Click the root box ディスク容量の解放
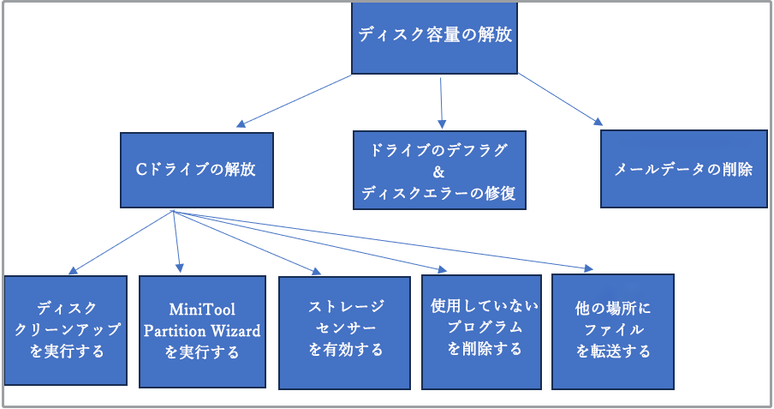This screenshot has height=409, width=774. click(x=435, y=37)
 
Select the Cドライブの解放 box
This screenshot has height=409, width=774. click(x=196, y=170)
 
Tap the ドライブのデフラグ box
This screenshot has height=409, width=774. click(x=440, y=170)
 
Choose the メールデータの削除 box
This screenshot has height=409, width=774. click(x=683, y=169)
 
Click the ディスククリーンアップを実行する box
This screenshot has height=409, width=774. click(x=66, y=329)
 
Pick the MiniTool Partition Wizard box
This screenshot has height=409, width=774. click(x=202, y=331)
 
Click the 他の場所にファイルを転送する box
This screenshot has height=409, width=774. click(x=612, y=329)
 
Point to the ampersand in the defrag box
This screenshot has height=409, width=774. click(x=439, y=171)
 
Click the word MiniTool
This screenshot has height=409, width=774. click(x=202, y=310)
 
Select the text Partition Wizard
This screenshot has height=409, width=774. click(x=202, y=331)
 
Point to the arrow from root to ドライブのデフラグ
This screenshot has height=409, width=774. click(x=440, y=103)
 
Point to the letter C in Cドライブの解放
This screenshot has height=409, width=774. click(x=142, y=170)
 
